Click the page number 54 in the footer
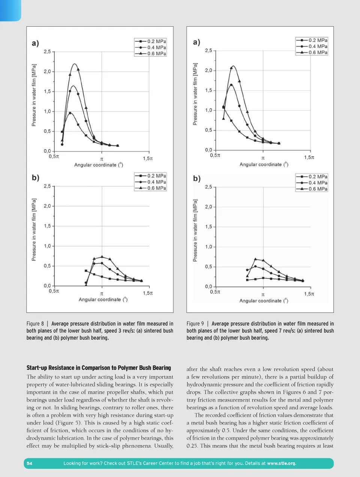(x=29, y=463)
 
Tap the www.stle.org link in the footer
(x=281, y=463)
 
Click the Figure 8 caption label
(x=35, y=324)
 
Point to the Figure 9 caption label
(x=195, y=324)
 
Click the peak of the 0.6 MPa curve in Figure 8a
(x=75, y=64)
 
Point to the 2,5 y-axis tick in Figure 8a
(x=47, y=51)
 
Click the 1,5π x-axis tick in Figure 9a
(x=309, y=157)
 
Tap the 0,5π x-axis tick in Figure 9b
(x=215, y=292)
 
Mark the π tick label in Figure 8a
(x=102, y=159)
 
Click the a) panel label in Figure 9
(x=196, y=42)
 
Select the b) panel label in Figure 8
(x=35, y=178)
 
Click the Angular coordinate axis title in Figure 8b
(x=103, y=299)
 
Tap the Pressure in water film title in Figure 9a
(x=195, y=94)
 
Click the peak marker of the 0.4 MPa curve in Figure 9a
(x=231, y=85)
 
